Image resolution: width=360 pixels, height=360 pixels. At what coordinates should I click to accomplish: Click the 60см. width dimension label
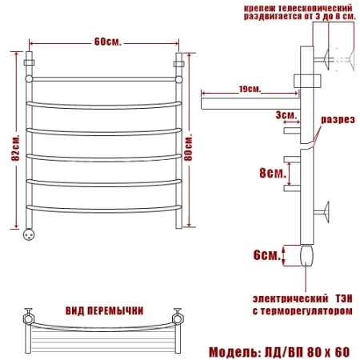(108, 42)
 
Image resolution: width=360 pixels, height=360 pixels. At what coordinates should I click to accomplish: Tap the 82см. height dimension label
(15, 148)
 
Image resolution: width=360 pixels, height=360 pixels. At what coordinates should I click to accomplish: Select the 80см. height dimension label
(188, 147)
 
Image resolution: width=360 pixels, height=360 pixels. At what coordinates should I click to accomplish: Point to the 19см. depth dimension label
(250, 89)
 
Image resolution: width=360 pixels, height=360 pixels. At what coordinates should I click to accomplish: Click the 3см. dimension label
(286, 115)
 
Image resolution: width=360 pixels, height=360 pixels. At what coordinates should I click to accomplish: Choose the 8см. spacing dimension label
(273, 173)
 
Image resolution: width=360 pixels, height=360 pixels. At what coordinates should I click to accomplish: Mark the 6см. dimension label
(267, 255)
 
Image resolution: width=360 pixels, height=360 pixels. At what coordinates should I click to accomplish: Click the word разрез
(338, 119)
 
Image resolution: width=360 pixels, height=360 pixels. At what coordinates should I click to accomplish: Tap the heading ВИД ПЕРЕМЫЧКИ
(104, 311)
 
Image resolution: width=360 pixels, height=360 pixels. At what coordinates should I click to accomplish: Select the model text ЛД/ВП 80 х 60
(307, 352)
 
